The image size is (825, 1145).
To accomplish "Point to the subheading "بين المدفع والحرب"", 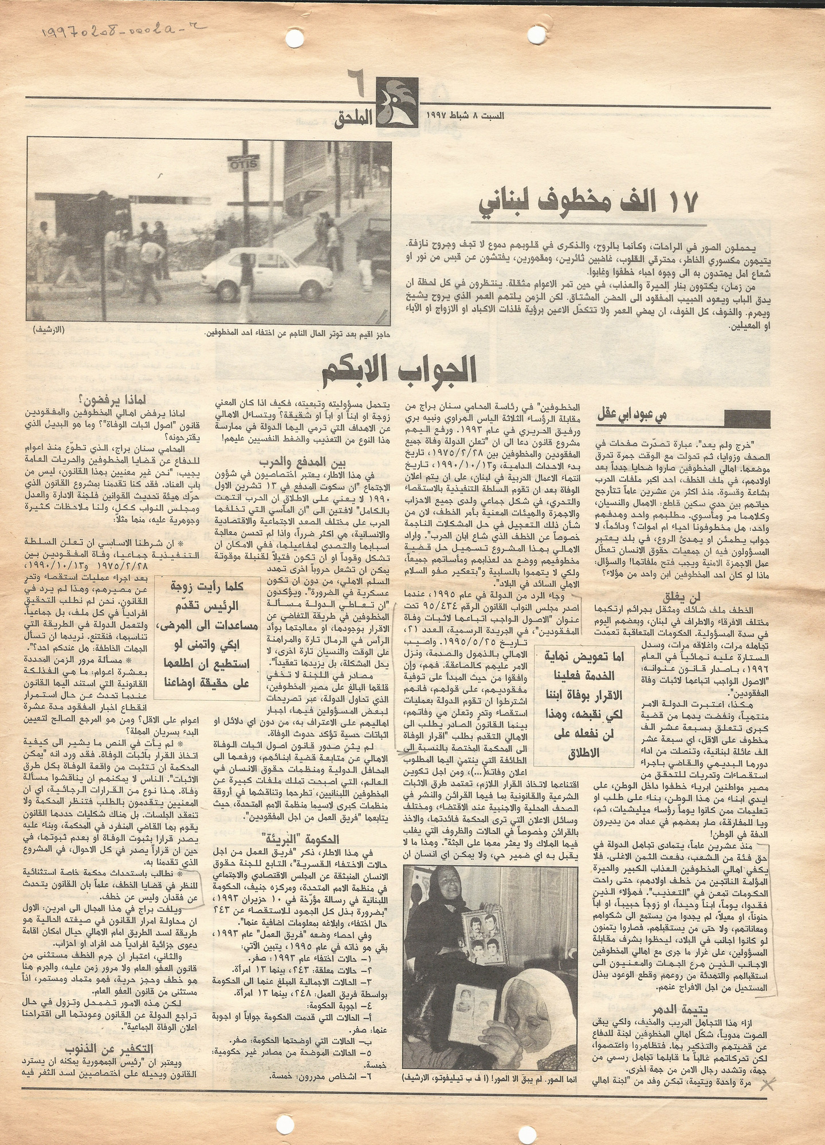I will coord(297,462).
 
